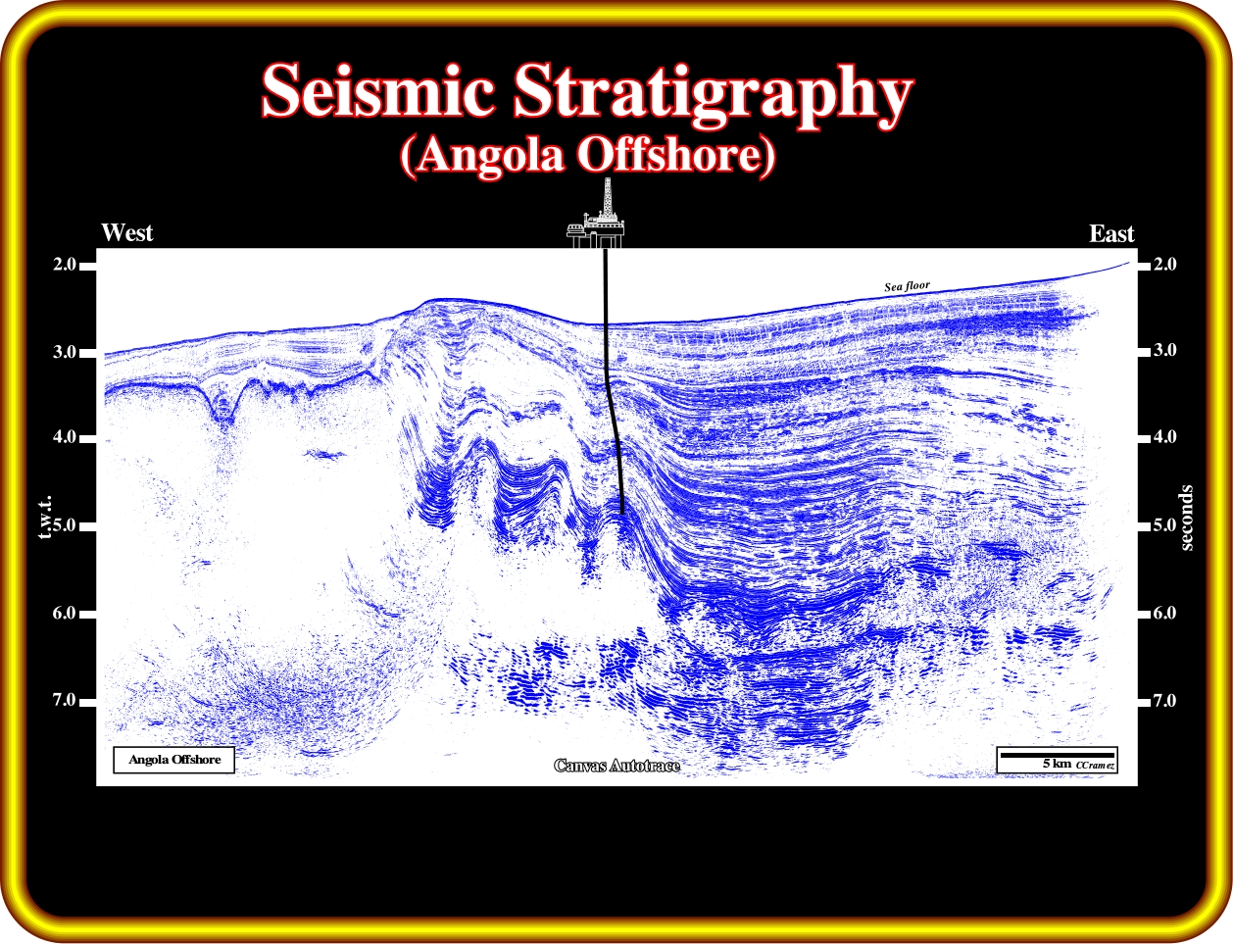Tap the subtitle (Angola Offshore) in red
coord(587,156)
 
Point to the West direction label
coord(127,232)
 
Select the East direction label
coord(1111,233)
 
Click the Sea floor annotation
coord(907,286)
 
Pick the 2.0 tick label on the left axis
coord(65,265)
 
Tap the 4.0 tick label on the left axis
coord(65,437)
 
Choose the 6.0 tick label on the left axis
coord(65,613)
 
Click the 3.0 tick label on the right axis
coord(1164,350)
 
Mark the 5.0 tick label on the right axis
coord(1164,524)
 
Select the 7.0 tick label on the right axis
coord(1164,701)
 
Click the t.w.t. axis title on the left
coord(46,517)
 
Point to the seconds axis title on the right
coord(1186,518)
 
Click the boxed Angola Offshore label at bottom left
coord(174,760)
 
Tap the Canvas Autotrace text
coord(616,766)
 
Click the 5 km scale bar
coord(1058,755)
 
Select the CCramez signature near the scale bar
coord(1095,766)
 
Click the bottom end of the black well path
coord(622,513)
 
